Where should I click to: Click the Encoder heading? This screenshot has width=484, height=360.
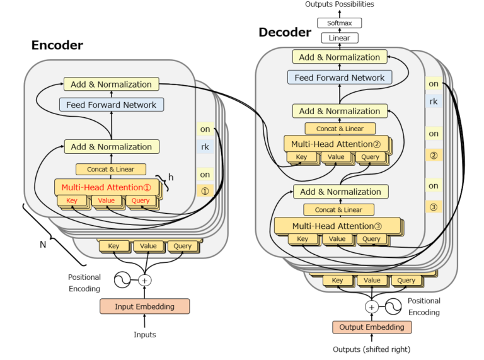(57, 45)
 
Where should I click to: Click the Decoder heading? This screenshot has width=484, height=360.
(285, 32)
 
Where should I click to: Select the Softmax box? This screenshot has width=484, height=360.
(340, 23)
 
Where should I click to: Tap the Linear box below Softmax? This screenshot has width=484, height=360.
(340, 38)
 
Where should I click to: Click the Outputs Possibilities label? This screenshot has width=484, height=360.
(340, 4)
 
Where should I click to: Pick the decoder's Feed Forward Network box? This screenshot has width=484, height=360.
(340, 78)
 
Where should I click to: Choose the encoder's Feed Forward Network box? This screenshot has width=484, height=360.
(112, 105)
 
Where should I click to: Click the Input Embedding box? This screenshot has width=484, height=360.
(145, 307)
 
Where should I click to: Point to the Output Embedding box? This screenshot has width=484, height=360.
(372, 327)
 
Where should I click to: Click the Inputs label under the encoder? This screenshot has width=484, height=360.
(145, 335)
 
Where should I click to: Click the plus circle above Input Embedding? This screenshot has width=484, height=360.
(145, 280)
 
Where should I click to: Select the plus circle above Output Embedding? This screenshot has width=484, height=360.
(372, 307)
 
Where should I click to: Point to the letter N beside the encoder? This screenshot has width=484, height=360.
(43, 245)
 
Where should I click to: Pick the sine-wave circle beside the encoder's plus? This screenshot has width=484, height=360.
(121, 279)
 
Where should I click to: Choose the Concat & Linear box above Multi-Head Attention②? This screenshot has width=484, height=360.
(340, 129)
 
